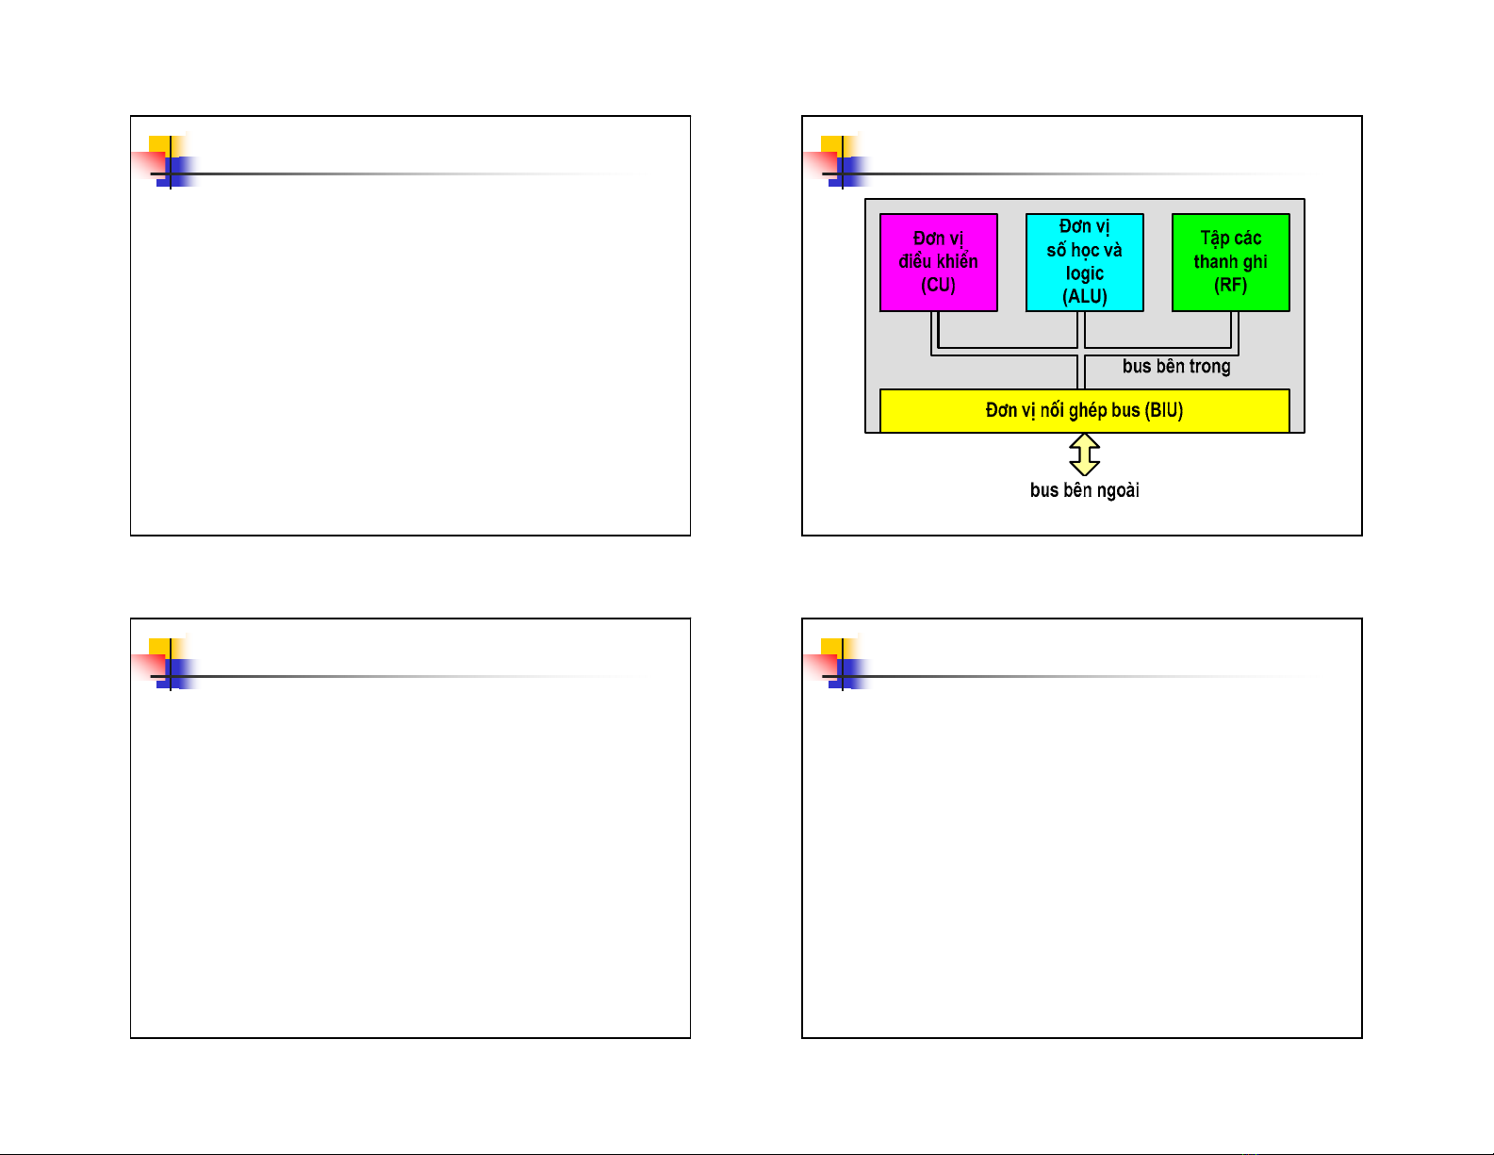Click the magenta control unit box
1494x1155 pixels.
[938, 262]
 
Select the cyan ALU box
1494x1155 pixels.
[1084, 262]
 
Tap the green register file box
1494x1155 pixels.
[1230, 262]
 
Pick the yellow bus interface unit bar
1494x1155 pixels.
[1084, 411]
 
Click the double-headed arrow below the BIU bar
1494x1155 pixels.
[1085, 454]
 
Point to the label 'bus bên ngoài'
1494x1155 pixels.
[1084, 490]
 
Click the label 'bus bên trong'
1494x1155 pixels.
[1176, 367]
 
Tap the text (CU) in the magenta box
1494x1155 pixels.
[938, 285]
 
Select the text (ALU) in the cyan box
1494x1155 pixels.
[1084, 296]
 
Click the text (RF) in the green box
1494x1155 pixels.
[1230, 285]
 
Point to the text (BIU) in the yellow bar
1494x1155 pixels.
[1163, 411]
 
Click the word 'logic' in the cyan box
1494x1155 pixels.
[1084, 273]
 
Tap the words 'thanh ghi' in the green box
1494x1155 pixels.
[1230, 262]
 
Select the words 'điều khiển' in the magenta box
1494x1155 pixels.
[938, 262]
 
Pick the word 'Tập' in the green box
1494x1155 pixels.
[1214, 239]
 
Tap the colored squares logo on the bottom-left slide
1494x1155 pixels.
[168, 664]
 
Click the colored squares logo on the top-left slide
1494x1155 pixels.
[168, 161]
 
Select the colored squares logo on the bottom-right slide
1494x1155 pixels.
[840, 664]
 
